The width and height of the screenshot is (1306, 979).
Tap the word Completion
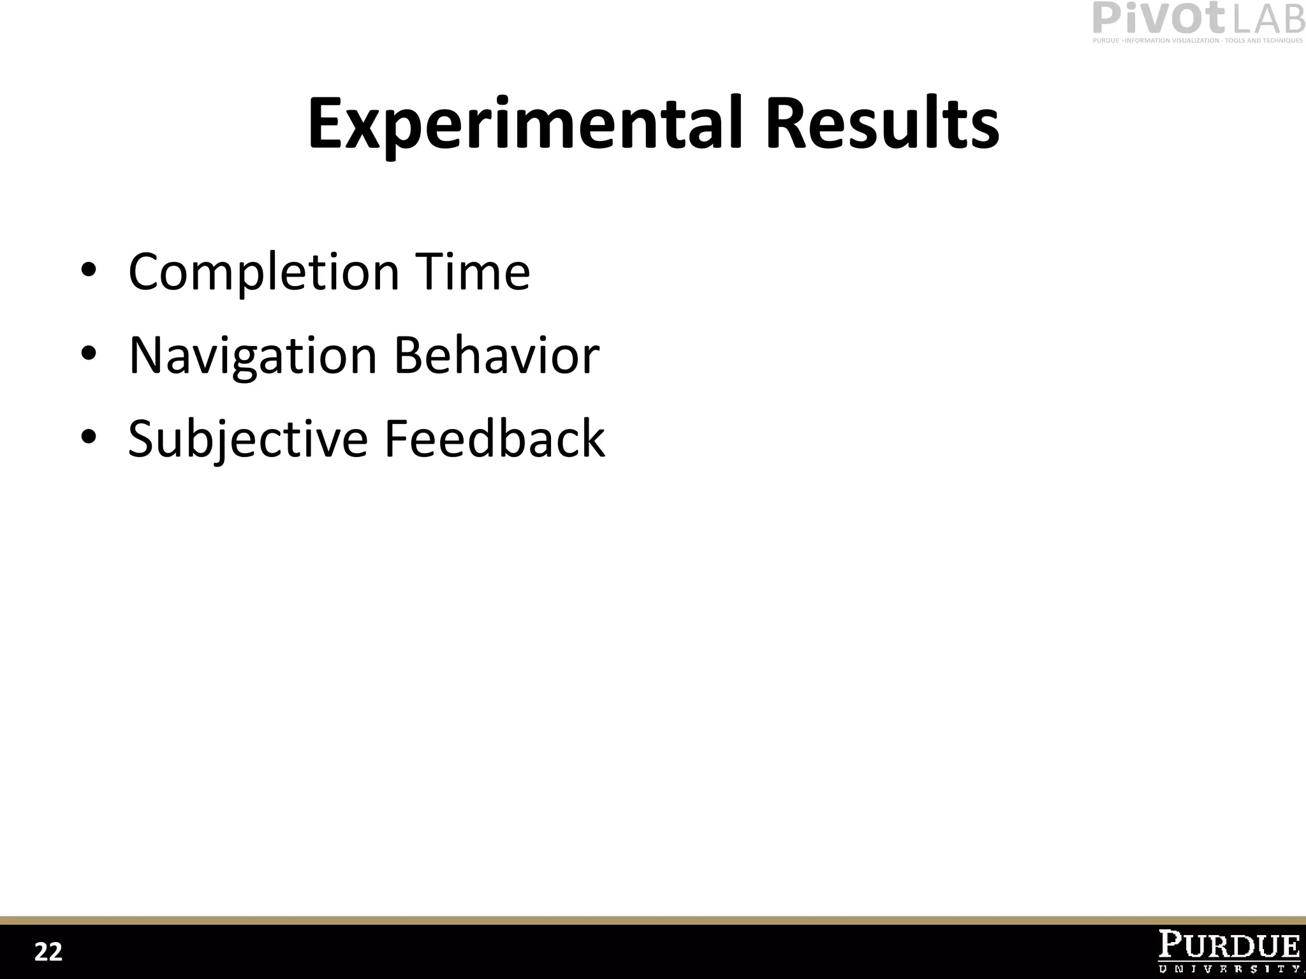[x=263, y=273]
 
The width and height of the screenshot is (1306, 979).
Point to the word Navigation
[x=253, y=356]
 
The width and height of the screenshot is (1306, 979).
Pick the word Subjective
[x=248, y=439]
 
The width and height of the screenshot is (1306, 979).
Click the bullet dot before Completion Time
[x=89, y=270]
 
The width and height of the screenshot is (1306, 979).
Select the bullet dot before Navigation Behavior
[x=89, y=354]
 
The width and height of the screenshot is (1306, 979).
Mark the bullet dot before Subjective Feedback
[x=89, y=437]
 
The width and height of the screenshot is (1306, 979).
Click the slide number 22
[x=48, y=952]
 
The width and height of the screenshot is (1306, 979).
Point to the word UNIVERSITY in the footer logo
[x=1229, y=968]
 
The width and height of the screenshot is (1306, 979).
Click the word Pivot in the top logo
[x=1159, y=18]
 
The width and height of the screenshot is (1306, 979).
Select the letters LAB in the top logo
[x=1268, y=20]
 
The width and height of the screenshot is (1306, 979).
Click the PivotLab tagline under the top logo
[x=1198, y=41]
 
